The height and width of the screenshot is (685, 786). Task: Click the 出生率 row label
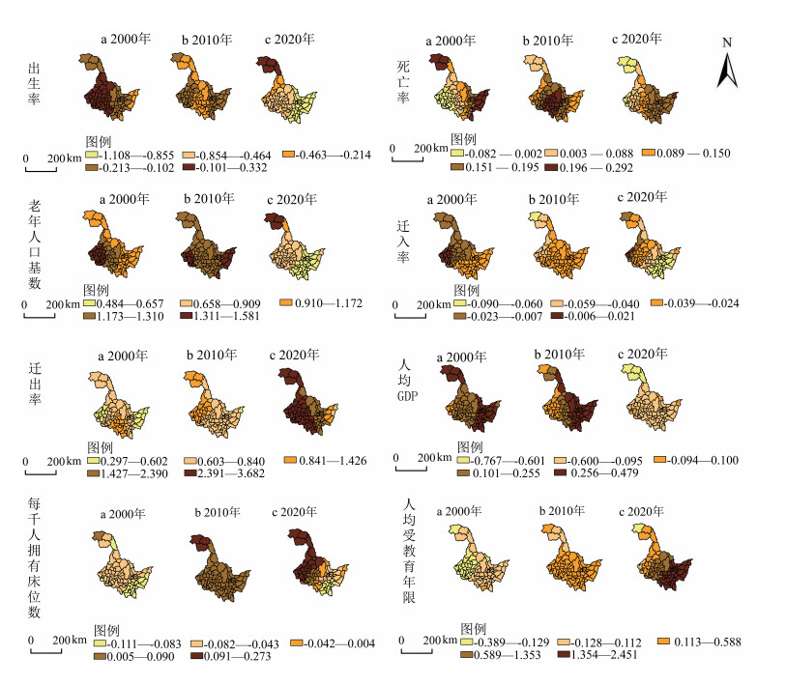34,84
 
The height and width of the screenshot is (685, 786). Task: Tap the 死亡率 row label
403,82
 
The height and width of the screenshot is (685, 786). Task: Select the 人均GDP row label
407,380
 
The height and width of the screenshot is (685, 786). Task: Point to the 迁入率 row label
403,242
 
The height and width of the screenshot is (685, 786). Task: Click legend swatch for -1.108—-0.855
91,155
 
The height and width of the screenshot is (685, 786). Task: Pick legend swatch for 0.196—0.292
551,167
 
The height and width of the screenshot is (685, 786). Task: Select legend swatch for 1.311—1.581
187,315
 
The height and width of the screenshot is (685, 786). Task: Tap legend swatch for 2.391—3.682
190,472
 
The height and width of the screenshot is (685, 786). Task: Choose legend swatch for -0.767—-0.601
463,460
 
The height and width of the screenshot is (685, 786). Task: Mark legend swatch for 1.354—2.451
564,654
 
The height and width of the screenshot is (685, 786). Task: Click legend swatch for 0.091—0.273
196,655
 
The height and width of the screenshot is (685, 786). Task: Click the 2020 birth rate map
286,89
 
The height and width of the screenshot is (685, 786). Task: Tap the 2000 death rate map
458,87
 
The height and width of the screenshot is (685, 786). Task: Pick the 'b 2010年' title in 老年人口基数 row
209,199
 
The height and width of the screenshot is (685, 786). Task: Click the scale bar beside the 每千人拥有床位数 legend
46,650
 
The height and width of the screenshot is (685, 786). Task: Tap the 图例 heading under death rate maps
463,139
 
